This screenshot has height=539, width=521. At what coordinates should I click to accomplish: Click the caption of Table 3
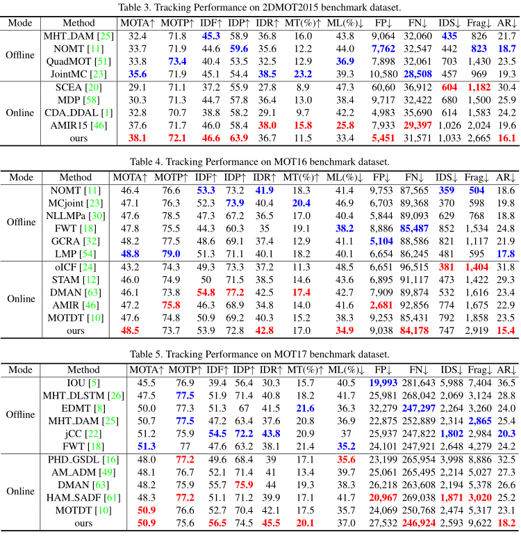(x=260, y=8)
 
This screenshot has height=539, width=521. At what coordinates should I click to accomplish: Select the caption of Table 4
(x=260, y=162)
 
